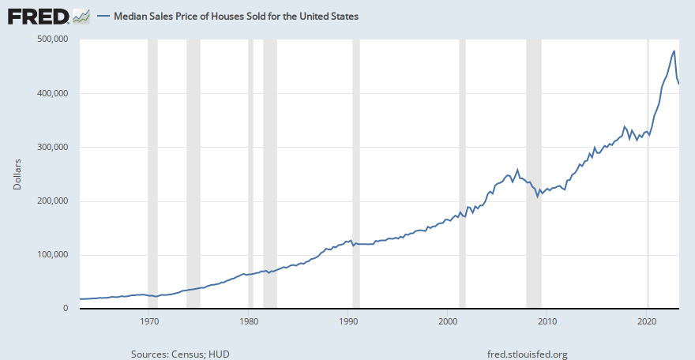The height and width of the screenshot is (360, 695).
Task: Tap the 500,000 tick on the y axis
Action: [x=54, y=39]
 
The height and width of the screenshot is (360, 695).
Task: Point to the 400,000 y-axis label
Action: [x=54, y=93]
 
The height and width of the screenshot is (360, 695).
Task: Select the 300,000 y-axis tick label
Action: [x=54, y=147]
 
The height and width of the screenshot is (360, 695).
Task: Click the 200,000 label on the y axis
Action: [x=54, y=201]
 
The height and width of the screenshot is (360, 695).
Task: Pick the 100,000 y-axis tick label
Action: [x=54, y=254]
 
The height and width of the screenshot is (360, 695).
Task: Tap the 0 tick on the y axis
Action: [x=66, y=308]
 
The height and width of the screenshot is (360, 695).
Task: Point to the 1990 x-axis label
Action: [x=349, y=321]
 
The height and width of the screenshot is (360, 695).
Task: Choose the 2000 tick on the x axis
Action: [x=449, y=321]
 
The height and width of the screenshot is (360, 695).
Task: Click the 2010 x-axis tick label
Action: [x=548, y=321]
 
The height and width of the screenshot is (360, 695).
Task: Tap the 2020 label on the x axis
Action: [x=648, y=321]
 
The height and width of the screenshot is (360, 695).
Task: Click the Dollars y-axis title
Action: [x=17, y=174]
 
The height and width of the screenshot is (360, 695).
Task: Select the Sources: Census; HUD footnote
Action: [x=180, y=354]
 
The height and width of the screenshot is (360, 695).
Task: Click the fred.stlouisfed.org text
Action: [x=529, y=354]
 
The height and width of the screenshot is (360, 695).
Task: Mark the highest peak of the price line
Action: [x=674, y=51]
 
